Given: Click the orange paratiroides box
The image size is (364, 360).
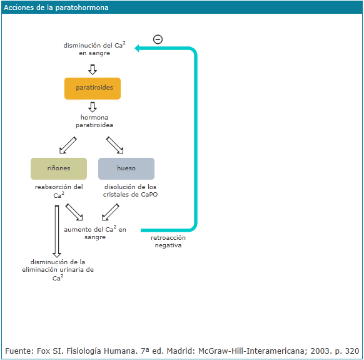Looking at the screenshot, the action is click(x=93, y=88).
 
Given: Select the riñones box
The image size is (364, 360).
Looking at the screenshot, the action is click(x=59, y=168).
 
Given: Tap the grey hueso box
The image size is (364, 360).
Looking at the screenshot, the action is click(x=126, y=168).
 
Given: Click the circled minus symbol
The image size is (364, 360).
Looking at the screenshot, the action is click(x=158, y=39).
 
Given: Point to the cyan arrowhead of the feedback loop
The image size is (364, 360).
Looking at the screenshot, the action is click(x=137, y=48).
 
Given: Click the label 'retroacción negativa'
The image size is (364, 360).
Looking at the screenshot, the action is click(x=168, y=241).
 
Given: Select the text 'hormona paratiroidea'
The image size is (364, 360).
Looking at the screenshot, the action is click(x=94, y=121).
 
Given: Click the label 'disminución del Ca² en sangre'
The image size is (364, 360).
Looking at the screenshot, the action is click(x=94, y=49).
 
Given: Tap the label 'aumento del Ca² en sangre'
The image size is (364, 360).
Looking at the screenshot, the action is click(x=95, y=233).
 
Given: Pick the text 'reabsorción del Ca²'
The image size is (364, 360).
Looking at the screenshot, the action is click(x=59, y=191).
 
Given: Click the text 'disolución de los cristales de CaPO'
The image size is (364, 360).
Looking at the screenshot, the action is click(x=130, y=190).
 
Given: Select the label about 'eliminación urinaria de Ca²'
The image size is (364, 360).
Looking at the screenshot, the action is click(x=58, y=270).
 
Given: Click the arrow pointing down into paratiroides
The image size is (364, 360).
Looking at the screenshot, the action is click(x=93, y=69).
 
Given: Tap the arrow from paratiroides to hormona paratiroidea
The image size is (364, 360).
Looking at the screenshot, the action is click(x=93, y=107).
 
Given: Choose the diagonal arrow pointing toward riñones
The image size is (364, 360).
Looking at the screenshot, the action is click(x=68, y=145).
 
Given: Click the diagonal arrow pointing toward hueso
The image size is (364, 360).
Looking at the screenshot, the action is click(x=114, y=145).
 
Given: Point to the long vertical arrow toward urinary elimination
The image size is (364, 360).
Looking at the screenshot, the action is click(x=57, y=231).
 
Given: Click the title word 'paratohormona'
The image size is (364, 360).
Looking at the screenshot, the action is click(x=82, y=8).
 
